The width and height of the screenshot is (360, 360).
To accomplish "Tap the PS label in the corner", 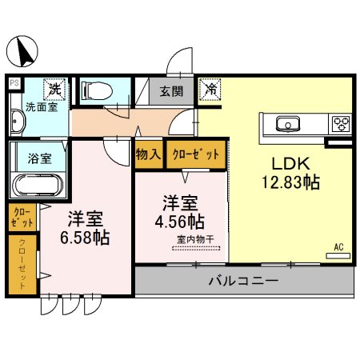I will (x=14, y=82).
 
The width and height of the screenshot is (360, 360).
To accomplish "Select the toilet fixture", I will (x=98, y=90).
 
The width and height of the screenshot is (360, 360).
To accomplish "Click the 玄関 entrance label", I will (x=170, y=90).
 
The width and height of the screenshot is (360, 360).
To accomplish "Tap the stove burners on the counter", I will (x=342, y=123).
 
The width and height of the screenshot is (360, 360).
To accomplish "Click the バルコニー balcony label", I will (x=242, y=282).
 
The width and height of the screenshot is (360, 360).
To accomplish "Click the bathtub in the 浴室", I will (x=35, y=187).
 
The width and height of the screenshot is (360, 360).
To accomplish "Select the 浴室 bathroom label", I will (x=40, y=158).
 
